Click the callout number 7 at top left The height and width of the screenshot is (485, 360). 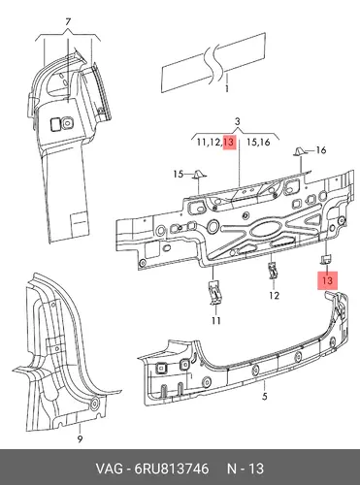pyautogui.click(x=68, y=22)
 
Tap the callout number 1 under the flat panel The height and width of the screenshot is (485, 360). pyautogui.click(x=227, y=88)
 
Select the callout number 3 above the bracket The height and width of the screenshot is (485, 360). pyautogui.click(x=238, y=122)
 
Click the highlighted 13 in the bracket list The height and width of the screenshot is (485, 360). pyautogui.click(x=228, y=142)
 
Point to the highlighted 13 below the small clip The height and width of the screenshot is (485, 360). pyautogui.click(x=327, y=280)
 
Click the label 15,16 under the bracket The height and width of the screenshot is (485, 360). pyautogui.click(x=258, y=142)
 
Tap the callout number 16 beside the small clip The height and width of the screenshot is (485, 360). pyautogui.click(x=320, y=150)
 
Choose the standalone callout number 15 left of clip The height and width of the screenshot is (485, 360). pyautogui.click(x=179, y=175)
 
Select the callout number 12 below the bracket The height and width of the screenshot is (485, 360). pyautogui.click(x=274, y=295)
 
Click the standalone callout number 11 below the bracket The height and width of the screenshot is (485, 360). pyautogui.click(x=216, y=320)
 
